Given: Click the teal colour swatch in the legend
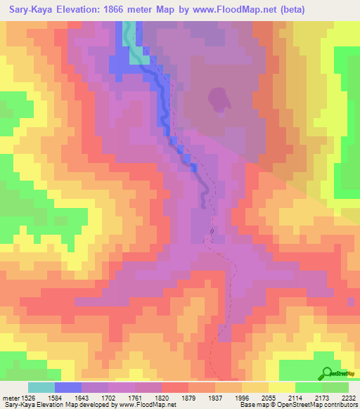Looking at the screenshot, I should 41,387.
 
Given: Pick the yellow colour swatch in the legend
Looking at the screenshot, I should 281,387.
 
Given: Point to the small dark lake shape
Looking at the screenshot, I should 218,98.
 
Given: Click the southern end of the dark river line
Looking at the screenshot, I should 204,205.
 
